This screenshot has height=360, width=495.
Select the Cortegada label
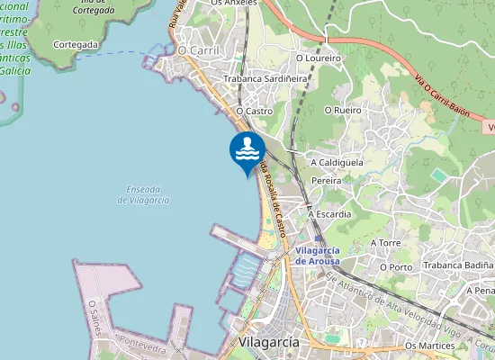[75, 43]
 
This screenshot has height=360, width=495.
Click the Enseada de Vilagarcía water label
[143, 194]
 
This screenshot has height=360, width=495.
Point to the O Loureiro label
[319, 58]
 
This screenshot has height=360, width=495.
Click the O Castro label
[254, 111]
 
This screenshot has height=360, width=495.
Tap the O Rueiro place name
[341, 111]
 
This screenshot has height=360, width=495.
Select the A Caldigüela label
[337, 163]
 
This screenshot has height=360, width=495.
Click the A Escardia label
[329, 215]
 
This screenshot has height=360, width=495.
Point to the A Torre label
[385, 243]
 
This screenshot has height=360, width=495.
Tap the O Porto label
[395, 266]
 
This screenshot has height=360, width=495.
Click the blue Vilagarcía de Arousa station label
[317, 255]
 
